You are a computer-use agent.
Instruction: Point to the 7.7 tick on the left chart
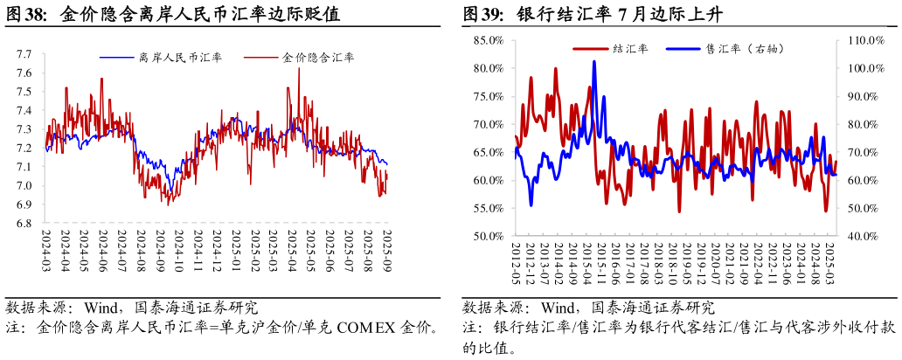pyautogui.click(x=24, y=54)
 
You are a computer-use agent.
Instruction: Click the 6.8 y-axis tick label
pyautogui.click(x=24, y=224)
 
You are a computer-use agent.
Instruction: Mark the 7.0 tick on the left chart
pyautogui.click(x=24, y=186)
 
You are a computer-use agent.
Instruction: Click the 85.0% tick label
pyautogui.click(x=488, y=40)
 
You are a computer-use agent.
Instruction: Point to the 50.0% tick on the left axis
pyautogui.click(x=488, y=236)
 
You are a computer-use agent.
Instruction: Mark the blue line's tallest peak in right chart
pyautogui.click(x=594, y=61)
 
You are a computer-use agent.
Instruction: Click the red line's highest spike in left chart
pyautogui.click(x=299, y=68)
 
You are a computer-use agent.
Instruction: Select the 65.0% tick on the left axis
pyautogui.click(x=488, y=152)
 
